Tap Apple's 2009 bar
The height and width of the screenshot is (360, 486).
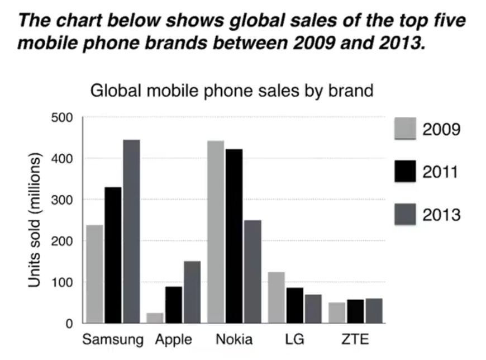click(155, 318)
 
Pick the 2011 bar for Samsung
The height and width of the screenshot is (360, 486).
click(113, 255)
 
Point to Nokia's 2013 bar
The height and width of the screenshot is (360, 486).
click(252, 272)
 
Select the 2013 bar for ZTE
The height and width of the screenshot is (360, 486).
click(374, 311)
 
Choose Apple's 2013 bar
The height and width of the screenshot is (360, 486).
click(192, 292)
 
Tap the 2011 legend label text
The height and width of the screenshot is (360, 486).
click(441, 172)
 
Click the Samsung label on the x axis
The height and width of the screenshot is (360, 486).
click(112, 339)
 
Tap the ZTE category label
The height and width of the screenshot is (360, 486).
click(356, 339)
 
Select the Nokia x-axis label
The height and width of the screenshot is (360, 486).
click(234, 339)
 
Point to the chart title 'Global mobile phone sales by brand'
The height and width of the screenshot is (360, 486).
click(232, 90)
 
